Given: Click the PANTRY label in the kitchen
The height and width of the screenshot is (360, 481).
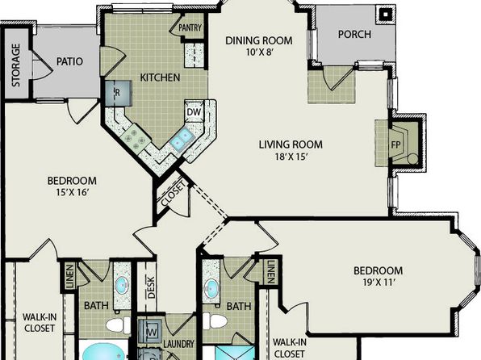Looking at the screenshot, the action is click(x=190, y=28).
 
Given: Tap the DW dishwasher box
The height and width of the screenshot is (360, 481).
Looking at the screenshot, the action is click(x=194, y=111).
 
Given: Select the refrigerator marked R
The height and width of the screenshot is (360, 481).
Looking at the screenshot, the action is click(x=119, y=94).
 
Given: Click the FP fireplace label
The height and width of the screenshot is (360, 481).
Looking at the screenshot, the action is click(x=396, y=144).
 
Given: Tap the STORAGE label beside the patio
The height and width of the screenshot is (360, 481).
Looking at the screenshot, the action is click(x=15, y=65).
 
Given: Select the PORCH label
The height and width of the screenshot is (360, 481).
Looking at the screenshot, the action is click(x=354, y=34).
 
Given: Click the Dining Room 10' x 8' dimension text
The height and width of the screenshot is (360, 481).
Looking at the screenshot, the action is click(x=259, y=52).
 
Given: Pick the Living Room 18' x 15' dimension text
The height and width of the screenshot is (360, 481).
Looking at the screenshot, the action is click(x=291, y=157).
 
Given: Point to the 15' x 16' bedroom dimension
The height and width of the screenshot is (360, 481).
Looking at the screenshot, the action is click(x=73, y=192).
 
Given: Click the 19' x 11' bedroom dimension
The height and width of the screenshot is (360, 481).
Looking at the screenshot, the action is click(x=378, y=283).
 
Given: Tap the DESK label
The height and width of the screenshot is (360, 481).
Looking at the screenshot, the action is click(x=151, y=287).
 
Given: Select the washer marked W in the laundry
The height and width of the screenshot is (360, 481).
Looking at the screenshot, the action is click(x=149, y=331).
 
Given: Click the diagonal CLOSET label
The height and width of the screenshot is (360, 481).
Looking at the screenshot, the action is click(x=174, y=194).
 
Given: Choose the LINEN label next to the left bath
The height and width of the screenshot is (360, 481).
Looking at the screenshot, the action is click(x=69, y=276).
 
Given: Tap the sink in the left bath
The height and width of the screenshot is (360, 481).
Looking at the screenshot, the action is click(x=122, y=286).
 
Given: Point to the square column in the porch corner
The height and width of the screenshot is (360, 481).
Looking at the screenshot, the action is click(x=385, y=14).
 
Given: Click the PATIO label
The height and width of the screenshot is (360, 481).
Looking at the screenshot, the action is click(x=69, y=61).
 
